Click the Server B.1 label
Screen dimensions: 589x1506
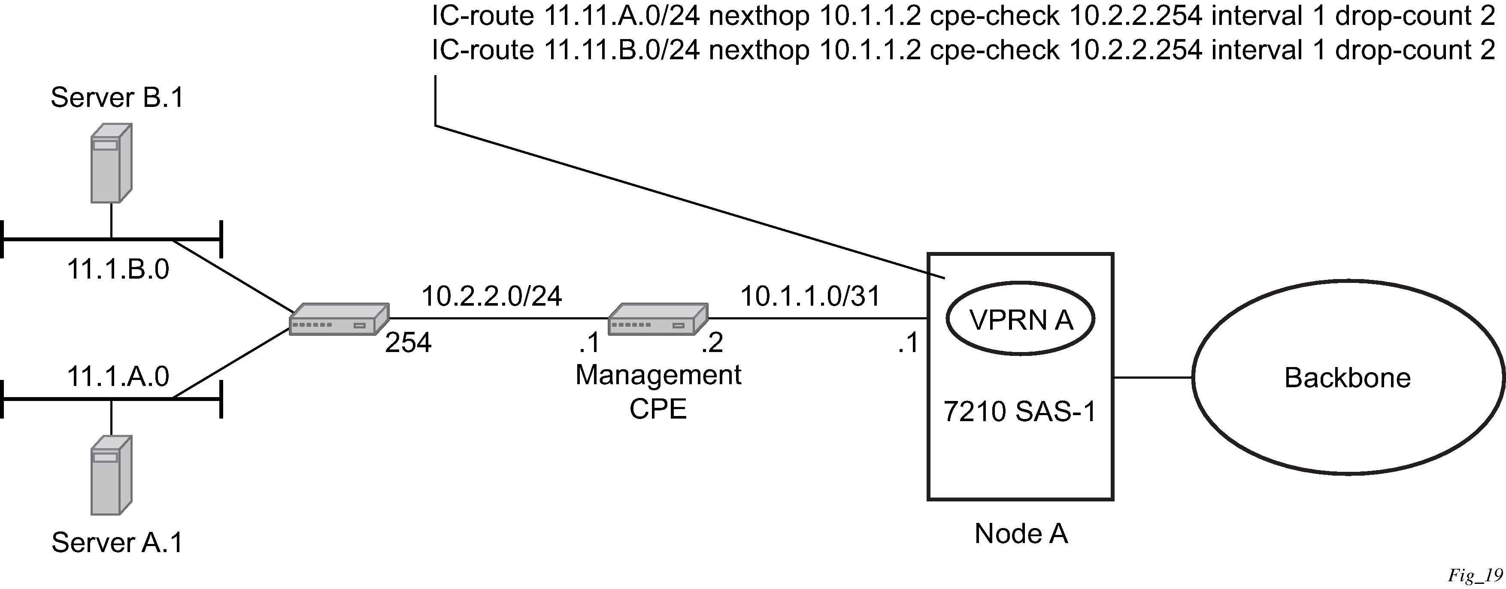(x=117, y=97)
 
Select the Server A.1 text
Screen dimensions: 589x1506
(x=117, y=542)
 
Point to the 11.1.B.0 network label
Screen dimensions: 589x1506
(x=118, y=270)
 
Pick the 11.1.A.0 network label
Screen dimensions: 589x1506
(x=118, y=376)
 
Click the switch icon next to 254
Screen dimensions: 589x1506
(x=339, y=319)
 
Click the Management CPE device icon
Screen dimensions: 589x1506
(x=658, y=319)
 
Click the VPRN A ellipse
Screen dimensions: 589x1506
(x=1020, y=320)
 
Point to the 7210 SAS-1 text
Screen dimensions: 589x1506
(x=1020, y=412)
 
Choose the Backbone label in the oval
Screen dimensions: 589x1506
(x=1347, y=378)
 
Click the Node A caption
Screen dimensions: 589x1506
(x=1021, y=534)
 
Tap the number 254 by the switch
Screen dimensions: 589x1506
(x=408, y=343)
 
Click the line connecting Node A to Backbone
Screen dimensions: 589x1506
(x=1152, y=378)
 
